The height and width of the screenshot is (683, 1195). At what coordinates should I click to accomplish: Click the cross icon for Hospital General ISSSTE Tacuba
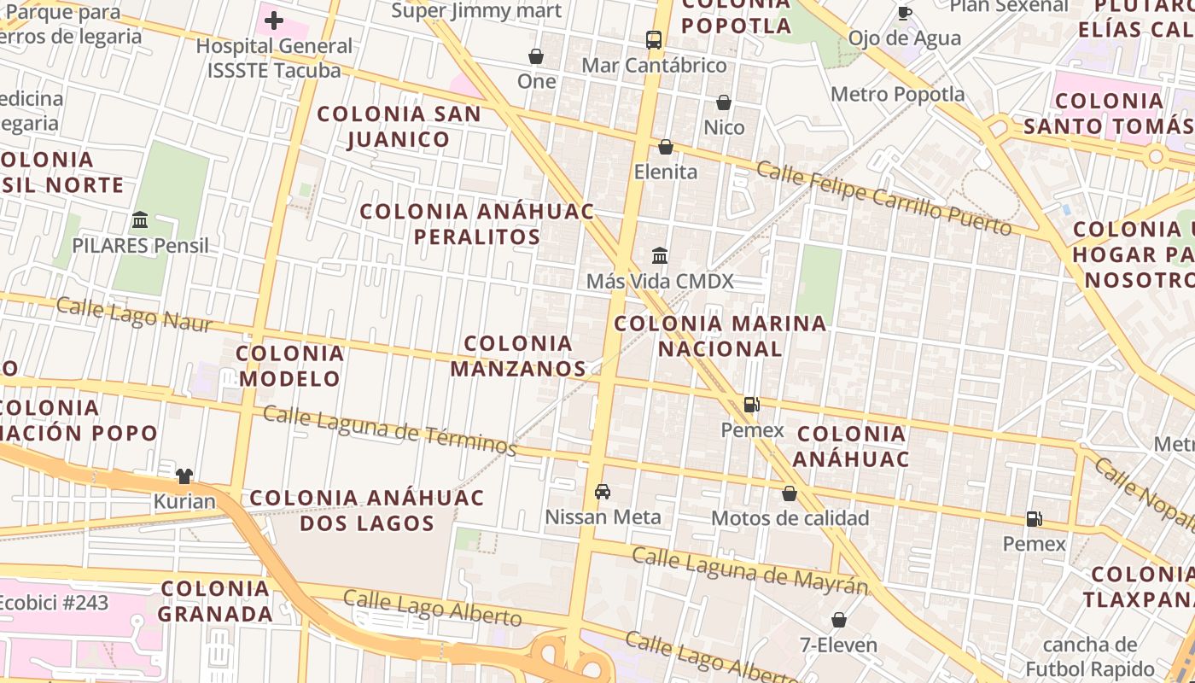[x=274, y=20]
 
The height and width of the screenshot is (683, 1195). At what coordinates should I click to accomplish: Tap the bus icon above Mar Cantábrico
[x=654, y=40]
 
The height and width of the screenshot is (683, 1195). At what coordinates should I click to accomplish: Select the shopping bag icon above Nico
[x=724, y=102]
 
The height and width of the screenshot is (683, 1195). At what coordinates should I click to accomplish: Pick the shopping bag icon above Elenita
[x=666, y=147]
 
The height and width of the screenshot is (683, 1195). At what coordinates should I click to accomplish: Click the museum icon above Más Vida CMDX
[x=660, y=255]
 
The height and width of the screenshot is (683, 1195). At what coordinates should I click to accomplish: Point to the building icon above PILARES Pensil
[x=140, y=220]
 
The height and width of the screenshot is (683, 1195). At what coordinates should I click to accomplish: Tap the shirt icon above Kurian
[x=184, y=476]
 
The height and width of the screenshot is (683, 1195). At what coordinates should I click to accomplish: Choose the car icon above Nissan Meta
[x=603, y=492]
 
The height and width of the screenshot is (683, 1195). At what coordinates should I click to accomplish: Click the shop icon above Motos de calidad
[x=790, y=493]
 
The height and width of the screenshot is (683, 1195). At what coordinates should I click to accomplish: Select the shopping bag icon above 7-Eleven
[x=839, y=620]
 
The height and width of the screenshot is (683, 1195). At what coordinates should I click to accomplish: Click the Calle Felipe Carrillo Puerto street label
[x=884, y=199]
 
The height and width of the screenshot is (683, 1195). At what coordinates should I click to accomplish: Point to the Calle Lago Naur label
[x=125, y=313]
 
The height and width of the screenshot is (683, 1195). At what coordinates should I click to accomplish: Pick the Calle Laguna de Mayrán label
[x=750, y=571]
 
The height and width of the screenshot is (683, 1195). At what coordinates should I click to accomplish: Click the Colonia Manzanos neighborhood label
[x=518, y=356]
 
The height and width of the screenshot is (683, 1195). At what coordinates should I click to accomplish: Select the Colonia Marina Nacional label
[x=720, y=336]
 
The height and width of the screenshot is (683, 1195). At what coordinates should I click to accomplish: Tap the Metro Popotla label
[x=897, y=94]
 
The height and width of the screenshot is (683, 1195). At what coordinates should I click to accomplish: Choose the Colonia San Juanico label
[x=399, y=126]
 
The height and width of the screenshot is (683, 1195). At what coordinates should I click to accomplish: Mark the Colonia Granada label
[x=215, y=600]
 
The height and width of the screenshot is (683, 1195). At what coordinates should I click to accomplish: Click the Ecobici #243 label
[x=53, y=603]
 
